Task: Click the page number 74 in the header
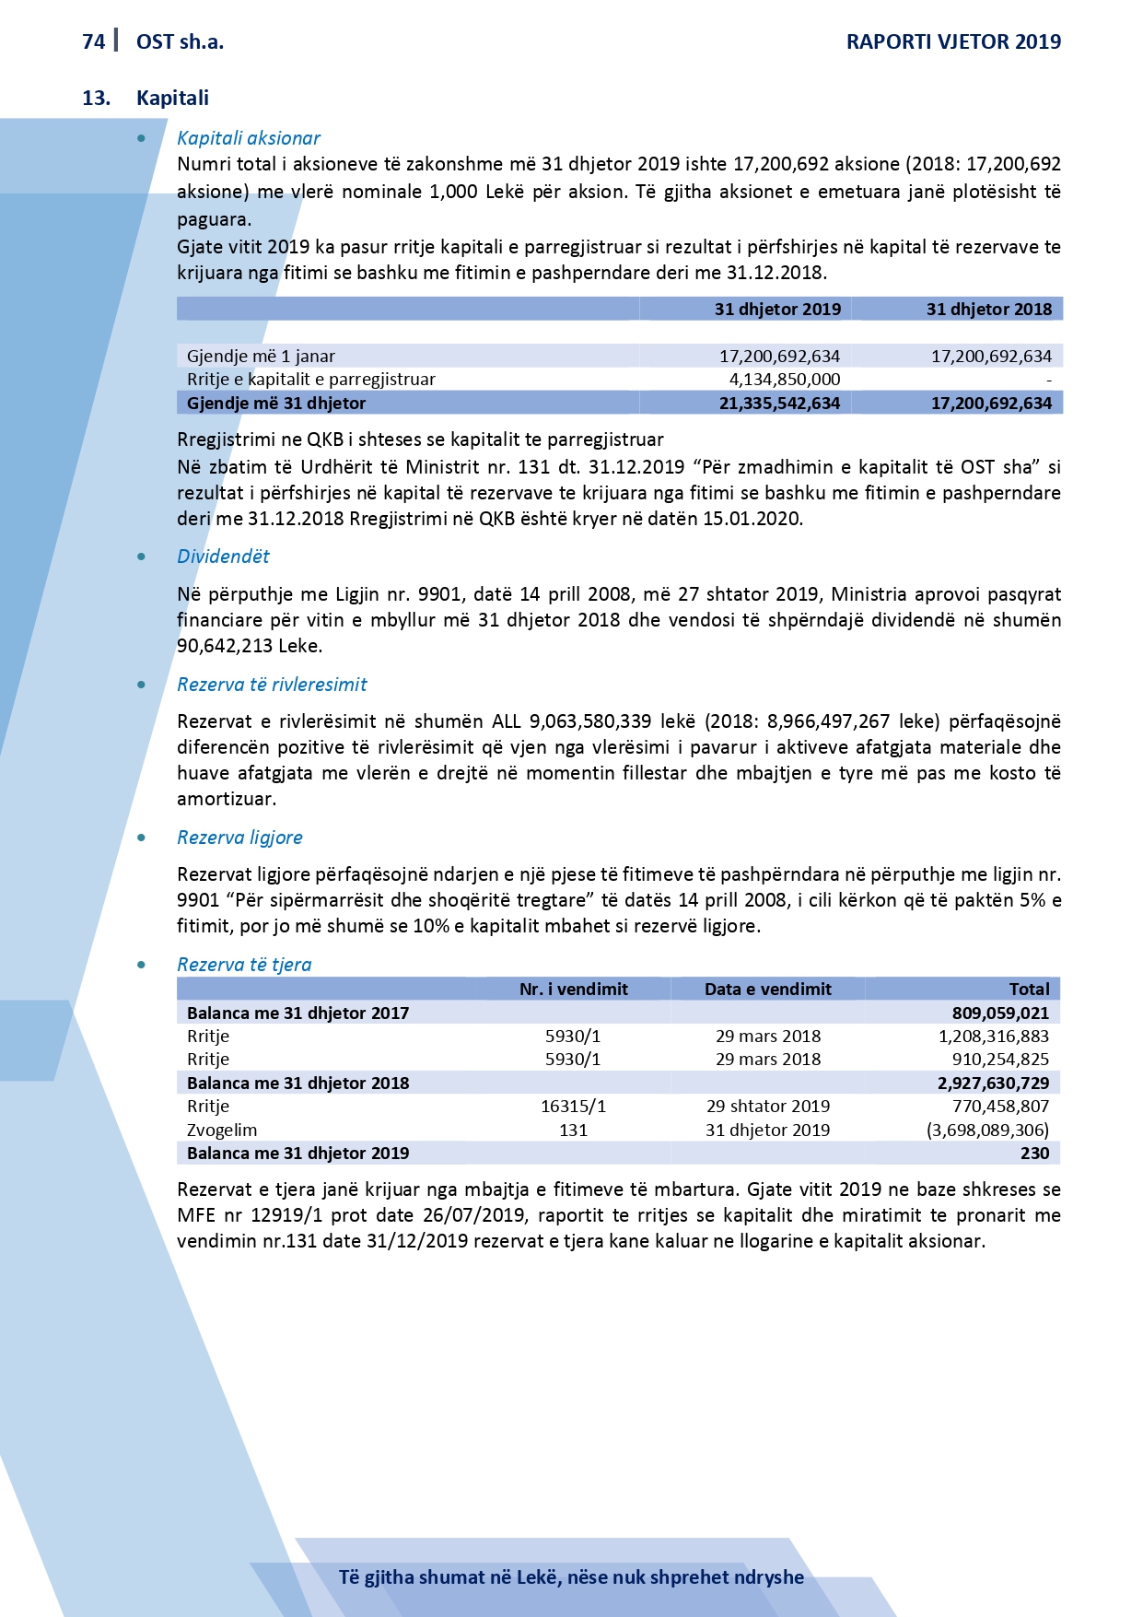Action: pos(93,41)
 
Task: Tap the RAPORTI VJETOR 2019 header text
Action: pos(953,41)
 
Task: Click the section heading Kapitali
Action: pos(172,98)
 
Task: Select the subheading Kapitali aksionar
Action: pos(249,138)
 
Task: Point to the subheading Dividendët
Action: pos(223,557)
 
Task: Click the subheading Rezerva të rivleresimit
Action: pos(272,685)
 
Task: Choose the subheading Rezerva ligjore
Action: pos(239,838)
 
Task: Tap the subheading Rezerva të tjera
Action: pos(244,965)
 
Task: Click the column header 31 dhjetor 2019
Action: pos(777,310)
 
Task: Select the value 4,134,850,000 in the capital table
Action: pos(785,380)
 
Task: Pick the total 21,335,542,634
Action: pos(779,404)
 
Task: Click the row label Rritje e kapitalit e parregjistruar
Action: pos(311,380)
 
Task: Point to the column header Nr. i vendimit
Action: pos(573,990)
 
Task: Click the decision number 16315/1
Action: pos(573,1107)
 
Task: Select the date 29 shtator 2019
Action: pos(768,1107)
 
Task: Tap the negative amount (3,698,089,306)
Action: pos(987,1131)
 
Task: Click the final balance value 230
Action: pos(1034,1154)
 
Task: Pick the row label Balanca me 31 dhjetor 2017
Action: pos(297,1014)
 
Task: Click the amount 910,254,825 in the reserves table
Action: pos(1000,1060)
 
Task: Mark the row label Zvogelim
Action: pos(222,1131)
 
